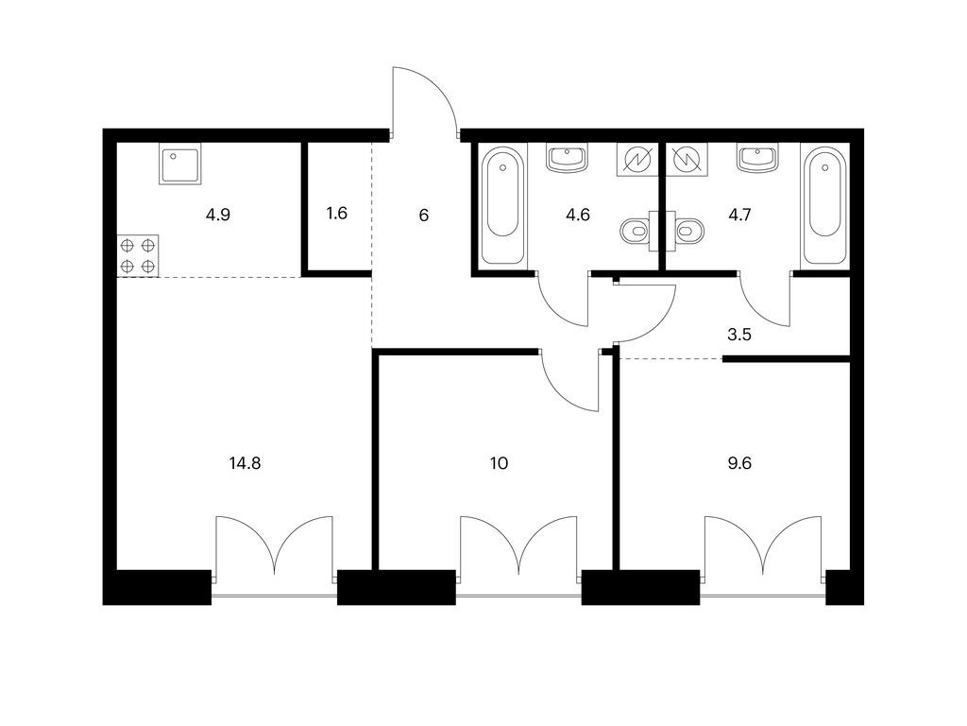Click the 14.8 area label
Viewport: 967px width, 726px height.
pos(245,463)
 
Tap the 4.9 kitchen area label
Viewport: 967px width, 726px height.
pos(218,216)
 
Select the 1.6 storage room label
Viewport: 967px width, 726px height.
pos(337,214)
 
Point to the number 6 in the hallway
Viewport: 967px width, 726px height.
pos(424,216)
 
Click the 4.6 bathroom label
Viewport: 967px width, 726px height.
pos(578,215)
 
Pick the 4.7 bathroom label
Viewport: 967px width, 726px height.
pos(739,215)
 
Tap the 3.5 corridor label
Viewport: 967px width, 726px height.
pos(738,335)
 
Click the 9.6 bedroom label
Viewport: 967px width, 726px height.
pos(738,463)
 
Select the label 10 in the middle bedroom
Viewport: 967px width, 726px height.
pos(499,463)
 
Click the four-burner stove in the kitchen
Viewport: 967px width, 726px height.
pos(138,255)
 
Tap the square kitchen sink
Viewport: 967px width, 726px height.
pos(180,164)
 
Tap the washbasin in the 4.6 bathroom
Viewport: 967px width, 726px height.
pos(567,158)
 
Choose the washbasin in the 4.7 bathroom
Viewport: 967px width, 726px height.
pos(757,158)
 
